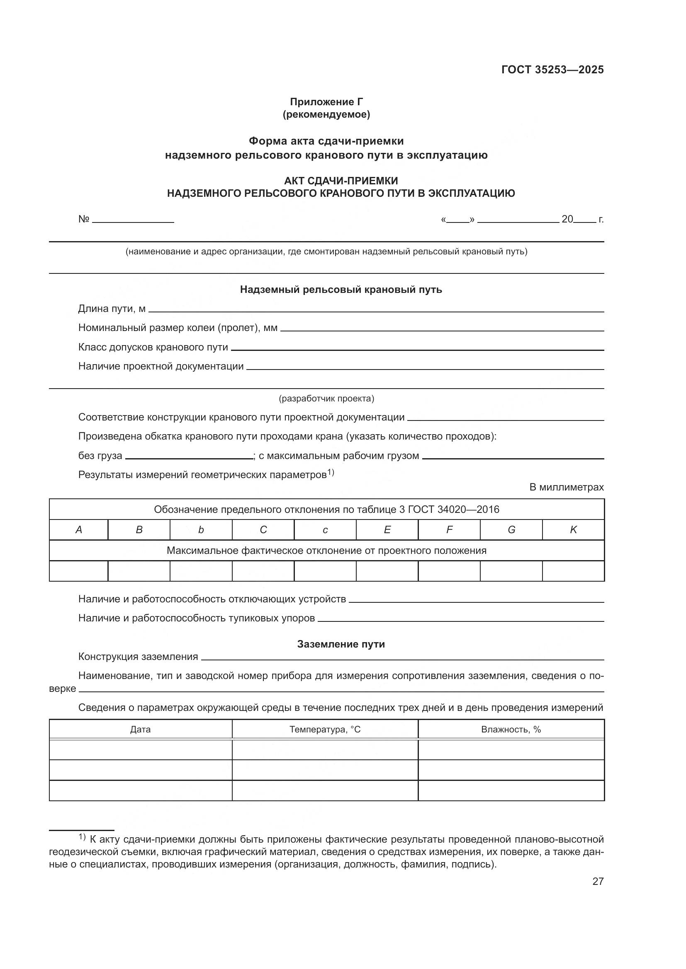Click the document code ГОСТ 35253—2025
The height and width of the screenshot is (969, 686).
[x=552, y=70]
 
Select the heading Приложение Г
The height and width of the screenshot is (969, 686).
[x=326, y=102]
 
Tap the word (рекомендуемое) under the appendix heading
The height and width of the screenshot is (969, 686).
[x=326, y=114]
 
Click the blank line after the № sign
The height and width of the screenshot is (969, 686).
[x=133, y=220]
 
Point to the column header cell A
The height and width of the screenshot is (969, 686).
[x=78, y=530]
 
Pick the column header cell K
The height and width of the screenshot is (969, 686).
[x=573, y=530]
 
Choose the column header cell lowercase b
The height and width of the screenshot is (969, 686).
[x=201, y=530]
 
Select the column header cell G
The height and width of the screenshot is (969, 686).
[x=511, y=530]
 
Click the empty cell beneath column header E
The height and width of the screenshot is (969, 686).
[x=387, y=571]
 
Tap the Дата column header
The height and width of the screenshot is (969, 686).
[x=140, y=729]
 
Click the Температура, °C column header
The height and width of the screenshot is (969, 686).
[x=325, y=729]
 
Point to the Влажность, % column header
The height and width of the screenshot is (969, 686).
[x=511, y=729]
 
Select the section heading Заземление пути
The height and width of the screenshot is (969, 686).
[x=341, y=644]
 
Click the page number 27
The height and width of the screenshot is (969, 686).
[x=598, y=881]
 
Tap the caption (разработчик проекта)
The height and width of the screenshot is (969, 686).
[x=326, y=399]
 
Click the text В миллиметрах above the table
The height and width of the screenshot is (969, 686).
[x=567, y=487]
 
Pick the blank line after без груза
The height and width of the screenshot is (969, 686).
[x=189, y=457]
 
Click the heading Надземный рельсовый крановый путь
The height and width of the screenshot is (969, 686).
[x=341, y=290]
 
